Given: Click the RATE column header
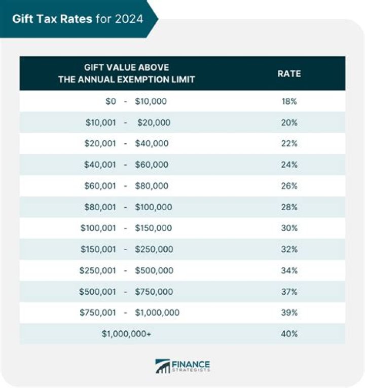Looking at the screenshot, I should tap(289, 73).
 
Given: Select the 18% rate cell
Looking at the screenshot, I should tap(289, 101).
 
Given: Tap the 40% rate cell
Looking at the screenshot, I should tap(289, 334).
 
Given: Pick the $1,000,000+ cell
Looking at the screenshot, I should tap(126, 334).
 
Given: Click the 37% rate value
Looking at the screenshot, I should tap(289, 292).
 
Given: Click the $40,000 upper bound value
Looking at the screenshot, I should tap(152, 144).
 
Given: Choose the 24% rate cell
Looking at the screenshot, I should tap(289, 165).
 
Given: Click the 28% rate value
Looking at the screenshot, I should tap(289, 207).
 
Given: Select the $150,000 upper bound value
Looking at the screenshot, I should tap(154, 228).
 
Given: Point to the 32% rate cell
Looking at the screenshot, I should tap(289, 249).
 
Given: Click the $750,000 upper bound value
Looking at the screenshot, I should tap(154, 292).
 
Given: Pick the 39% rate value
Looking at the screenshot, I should tap(289, 313).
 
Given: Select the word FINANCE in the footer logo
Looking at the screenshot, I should tap(191, 364).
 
